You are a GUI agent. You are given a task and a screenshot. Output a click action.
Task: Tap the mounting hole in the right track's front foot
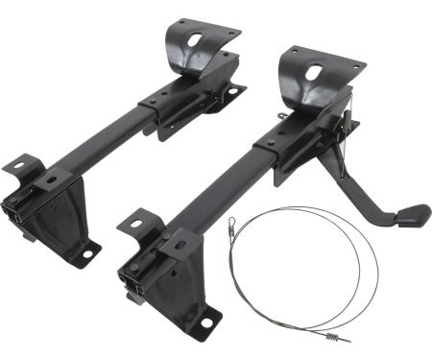click(204, 323)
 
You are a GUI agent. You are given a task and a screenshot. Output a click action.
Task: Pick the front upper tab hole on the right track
click(133, 227)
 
